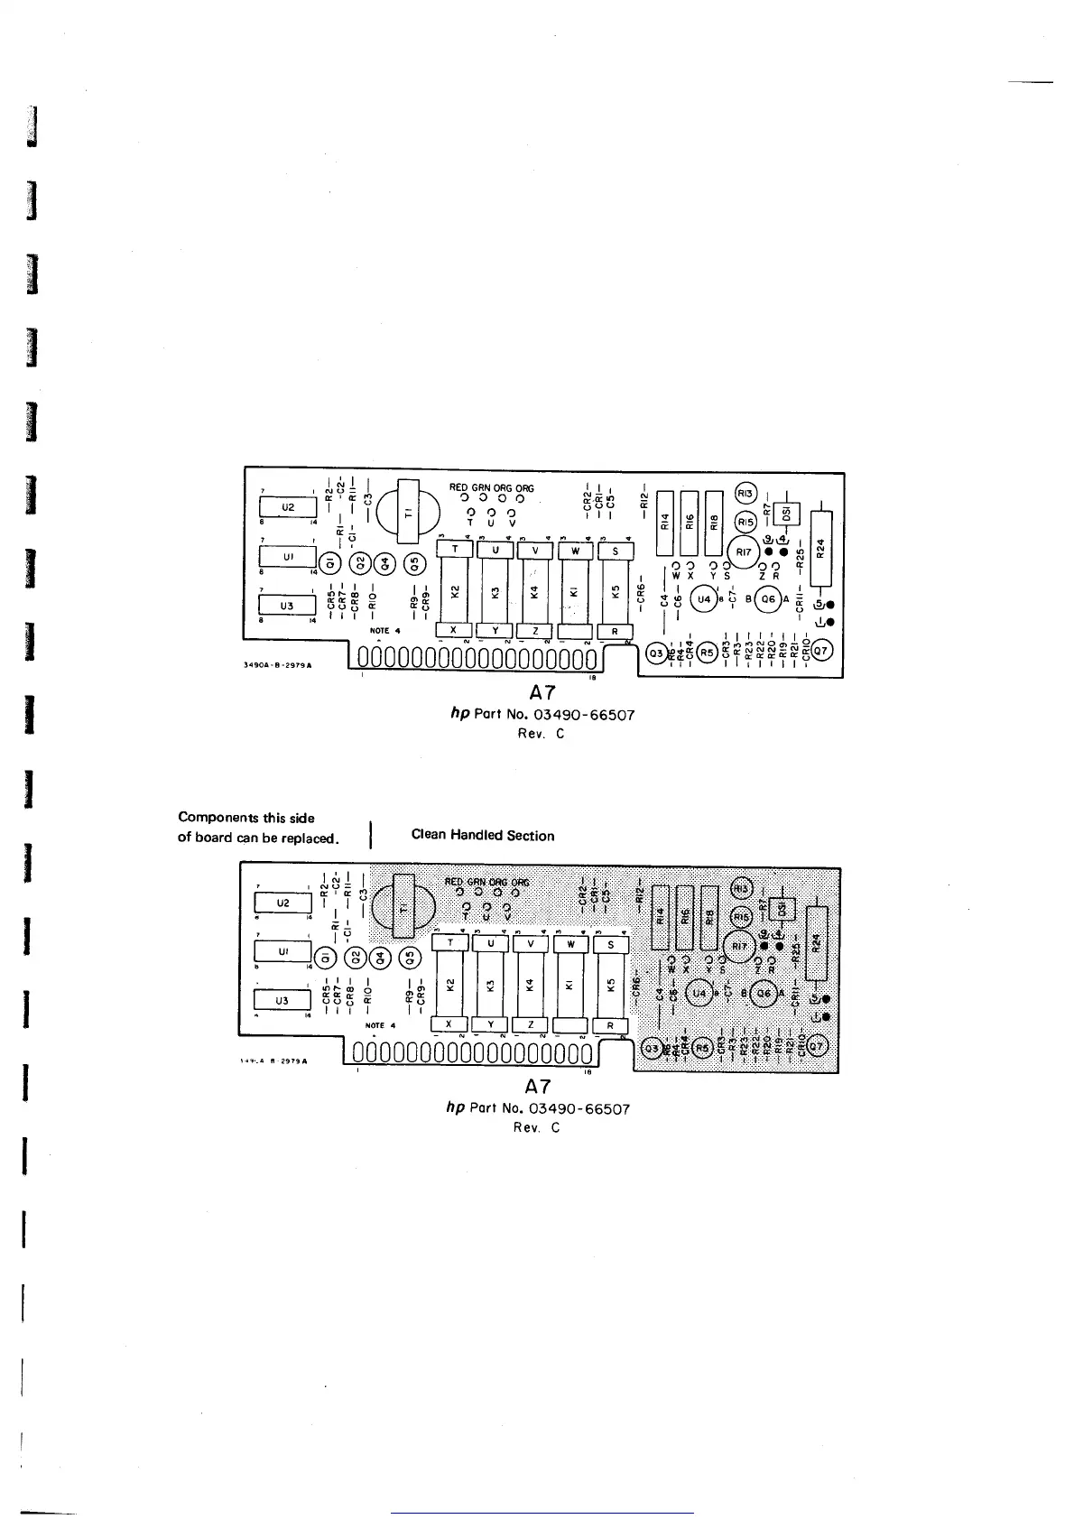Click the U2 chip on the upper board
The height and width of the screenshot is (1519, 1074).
pyautogui.click(x=286, y=507)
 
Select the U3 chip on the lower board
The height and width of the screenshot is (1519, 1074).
pyautogui.click(x=282, y=1000)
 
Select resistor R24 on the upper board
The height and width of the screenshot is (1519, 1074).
pyautogui.click(x=820, y=548)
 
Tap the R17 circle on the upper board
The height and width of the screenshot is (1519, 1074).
pyautogui.click(x=744, y=551)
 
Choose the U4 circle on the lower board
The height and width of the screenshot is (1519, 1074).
pyautogui.click(x=699, y=994)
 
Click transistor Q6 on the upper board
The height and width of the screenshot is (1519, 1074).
pyautogui.click(x=768, y=598)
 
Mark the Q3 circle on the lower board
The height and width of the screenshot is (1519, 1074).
pyautogui.click(x=651, y=1048)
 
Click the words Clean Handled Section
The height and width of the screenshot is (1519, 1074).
pyautogui.click(x=483, y=836)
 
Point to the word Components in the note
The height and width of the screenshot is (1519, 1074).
pyautogui.click(x=219, y=818)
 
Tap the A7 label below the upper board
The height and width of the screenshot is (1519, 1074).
pyautogui.click(x=542, y=693)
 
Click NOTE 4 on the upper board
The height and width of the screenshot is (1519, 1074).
pyautogui.click(x=380, y=631)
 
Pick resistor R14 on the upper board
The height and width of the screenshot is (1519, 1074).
pyautogui.click(x=664, y=523)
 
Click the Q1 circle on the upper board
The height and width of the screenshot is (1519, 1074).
pyautogui.click(x=329, y=562)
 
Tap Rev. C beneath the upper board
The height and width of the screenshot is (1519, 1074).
pyautogui.click(x=542, y=734)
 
